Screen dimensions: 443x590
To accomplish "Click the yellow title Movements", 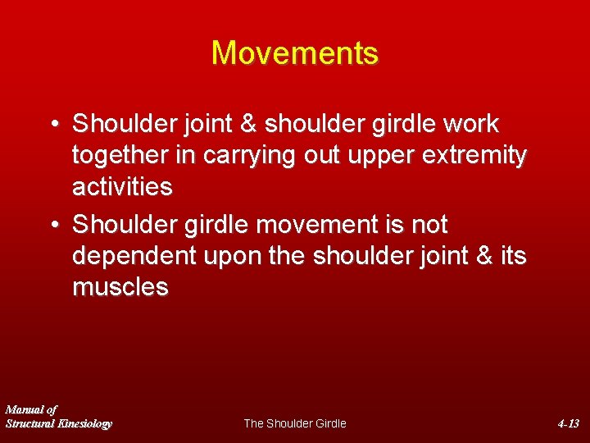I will click(x=295, y=53).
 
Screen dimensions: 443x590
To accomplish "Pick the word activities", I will click(x=122, y=187).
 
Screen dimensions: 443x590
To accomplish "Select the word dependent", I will click(x=134, y=256).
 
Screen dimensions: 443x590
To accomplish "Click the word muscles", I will click(x=120, y=287).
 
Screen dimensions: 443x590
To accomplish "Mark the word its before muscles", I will click(x=512, y=256).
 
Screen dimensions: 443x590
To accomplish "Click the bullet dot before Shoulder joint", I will click(x=53, y=125).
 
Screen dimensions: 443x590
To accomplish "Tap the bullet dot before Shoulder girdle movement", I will click(x=53, y=225).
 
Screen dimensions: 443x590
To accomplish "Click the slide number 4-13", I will click(x=568, y=423).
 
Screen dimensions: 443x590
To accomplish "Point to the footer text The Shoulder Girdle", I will click(x=295, y=423).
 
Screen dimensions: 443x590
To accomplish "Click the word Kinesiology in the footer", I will click(x=84, y=423).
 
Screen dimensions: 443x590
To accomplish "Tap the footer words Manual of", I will click(x=31, y=409).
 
